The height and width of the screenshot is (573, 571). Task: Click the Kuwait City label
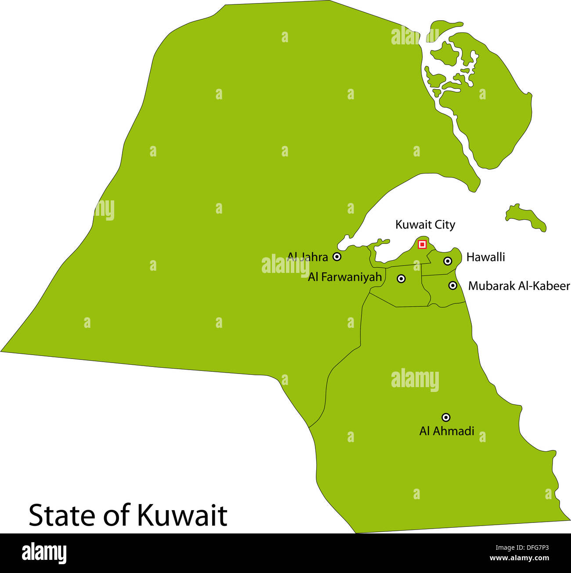425,225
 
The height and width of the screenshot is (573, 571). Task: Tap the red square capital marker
422,244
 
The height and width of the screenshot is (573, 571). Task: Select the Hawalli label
485,257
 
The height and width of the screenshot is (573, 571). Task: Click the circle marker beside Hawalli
448,261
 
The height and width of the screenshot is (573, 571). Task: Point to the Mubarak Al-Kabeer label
519,286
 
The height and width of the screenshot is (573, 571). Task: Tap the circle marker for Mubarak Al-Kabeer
453,286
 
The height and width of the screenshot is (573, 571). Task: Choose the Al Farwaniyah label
345,277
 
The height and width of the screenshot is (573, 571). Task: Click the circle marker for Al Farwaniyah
401,279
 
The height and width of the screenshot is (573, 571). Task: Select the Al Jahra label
307,257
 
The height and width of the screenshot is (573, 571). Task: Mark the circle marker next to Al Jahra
337,257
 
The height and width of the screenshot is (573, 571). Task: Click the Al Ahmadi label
447,431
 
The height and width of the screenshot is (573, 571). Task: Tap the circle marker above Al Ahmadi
446,417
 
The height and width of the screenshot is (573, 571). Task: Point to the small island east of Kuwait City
526,218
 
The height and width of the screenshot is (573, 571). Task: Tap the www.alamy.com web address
519,558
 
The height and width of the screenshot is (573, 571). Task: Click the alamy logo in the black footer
44,553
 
